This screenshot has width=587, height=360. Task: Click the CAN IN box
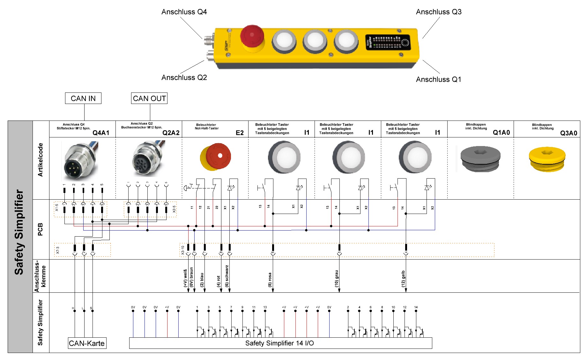[83, 98]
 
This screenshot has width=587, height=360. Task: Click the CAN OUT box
[149, 98]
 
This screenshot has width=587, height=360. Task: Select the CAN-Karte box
[87, 343]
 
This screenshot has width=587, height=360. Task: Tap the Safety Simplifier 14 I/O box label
[279, 343]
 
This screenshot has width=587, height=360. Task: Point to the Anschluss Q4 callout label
[184, 12]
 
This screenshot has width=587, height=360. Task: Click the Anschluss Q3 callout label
[439, 12]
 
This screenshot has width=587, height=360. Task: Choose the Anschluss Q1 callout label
[438, 79]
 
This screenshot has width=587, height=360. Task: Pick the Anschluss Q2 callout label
[184, 77]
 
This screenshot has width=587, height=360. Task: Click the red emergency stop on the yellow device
[252, 36]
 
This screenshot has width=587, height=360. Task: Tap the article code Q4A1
[101, 133]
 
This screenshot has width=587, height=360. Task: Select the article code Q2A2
[171, 133]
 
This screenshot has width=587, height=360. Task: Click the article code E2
[240, 133]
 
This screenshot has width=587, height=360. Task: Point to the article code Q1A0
[501, 132]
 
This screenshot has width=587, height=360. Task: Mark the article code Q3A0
[568, 133]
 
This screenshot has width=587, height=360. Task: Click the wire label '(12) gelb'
[403, 279]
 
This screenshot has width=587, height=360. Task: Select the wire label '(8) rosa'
[270, 280]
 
